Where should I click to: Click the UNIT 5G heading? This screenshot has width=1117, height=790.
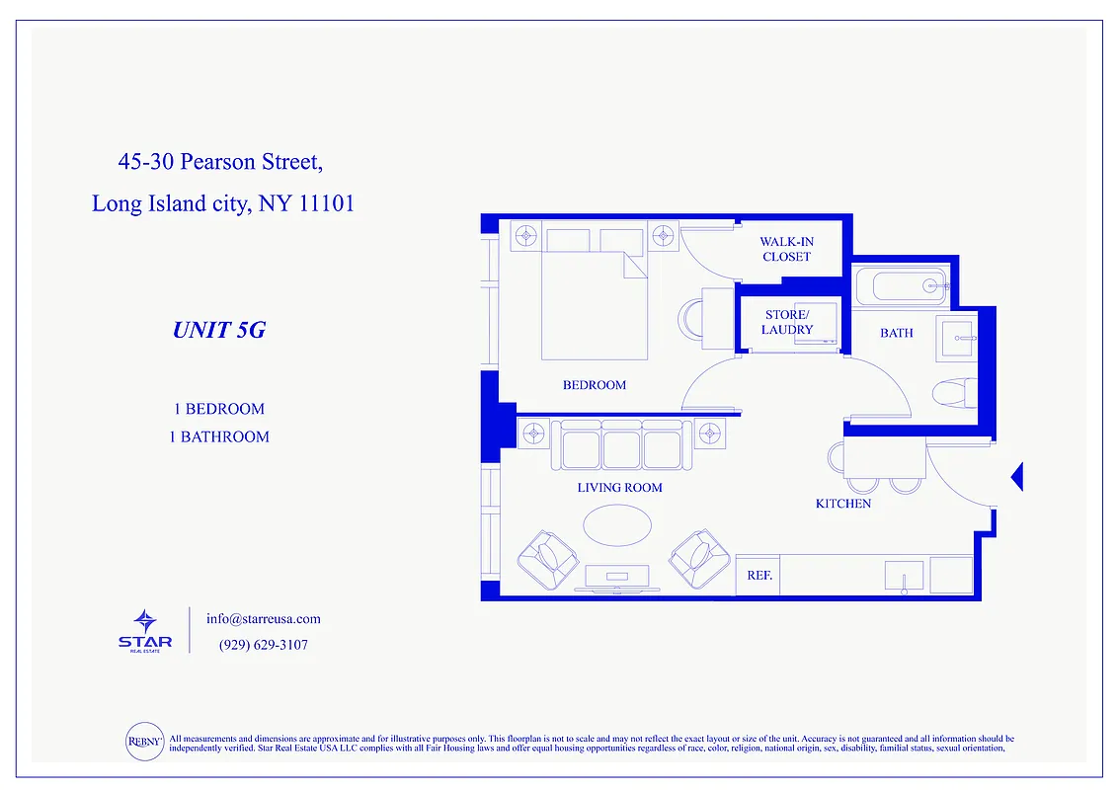218,330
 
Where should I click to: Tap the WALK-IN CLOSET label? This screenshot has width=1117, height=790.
786,249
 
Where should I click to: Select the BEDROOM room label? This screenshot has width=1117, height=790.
595,385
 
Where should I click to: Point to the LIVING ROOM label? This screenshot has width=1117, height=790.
619,488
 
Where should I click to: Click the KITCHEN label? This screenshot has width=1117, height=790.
842,504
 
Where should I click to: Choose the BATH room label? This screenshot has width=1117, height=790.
896,333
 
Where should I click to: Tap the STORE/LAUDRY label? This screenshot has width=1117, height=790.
787,322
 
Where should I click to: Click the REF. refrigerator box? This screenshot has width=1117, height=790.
758,575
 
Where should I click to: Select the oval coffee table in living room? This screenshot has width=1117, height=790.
617,524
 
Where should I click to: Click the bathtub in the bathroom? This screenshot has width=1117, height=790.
902,286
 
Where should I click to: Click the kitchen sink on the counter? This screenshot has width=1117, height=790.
904,575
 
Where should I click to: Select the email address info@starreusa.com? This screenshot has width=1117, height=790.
264,619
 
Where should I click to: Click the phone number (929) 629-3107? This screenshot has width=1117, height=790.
263,645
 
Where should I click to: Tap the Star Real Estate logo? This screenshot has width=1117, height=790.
145,630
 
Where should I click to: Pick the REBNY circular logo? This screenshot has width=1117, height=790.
144,742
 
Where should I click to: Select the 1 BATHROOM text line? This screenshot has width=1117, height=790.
218,436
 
